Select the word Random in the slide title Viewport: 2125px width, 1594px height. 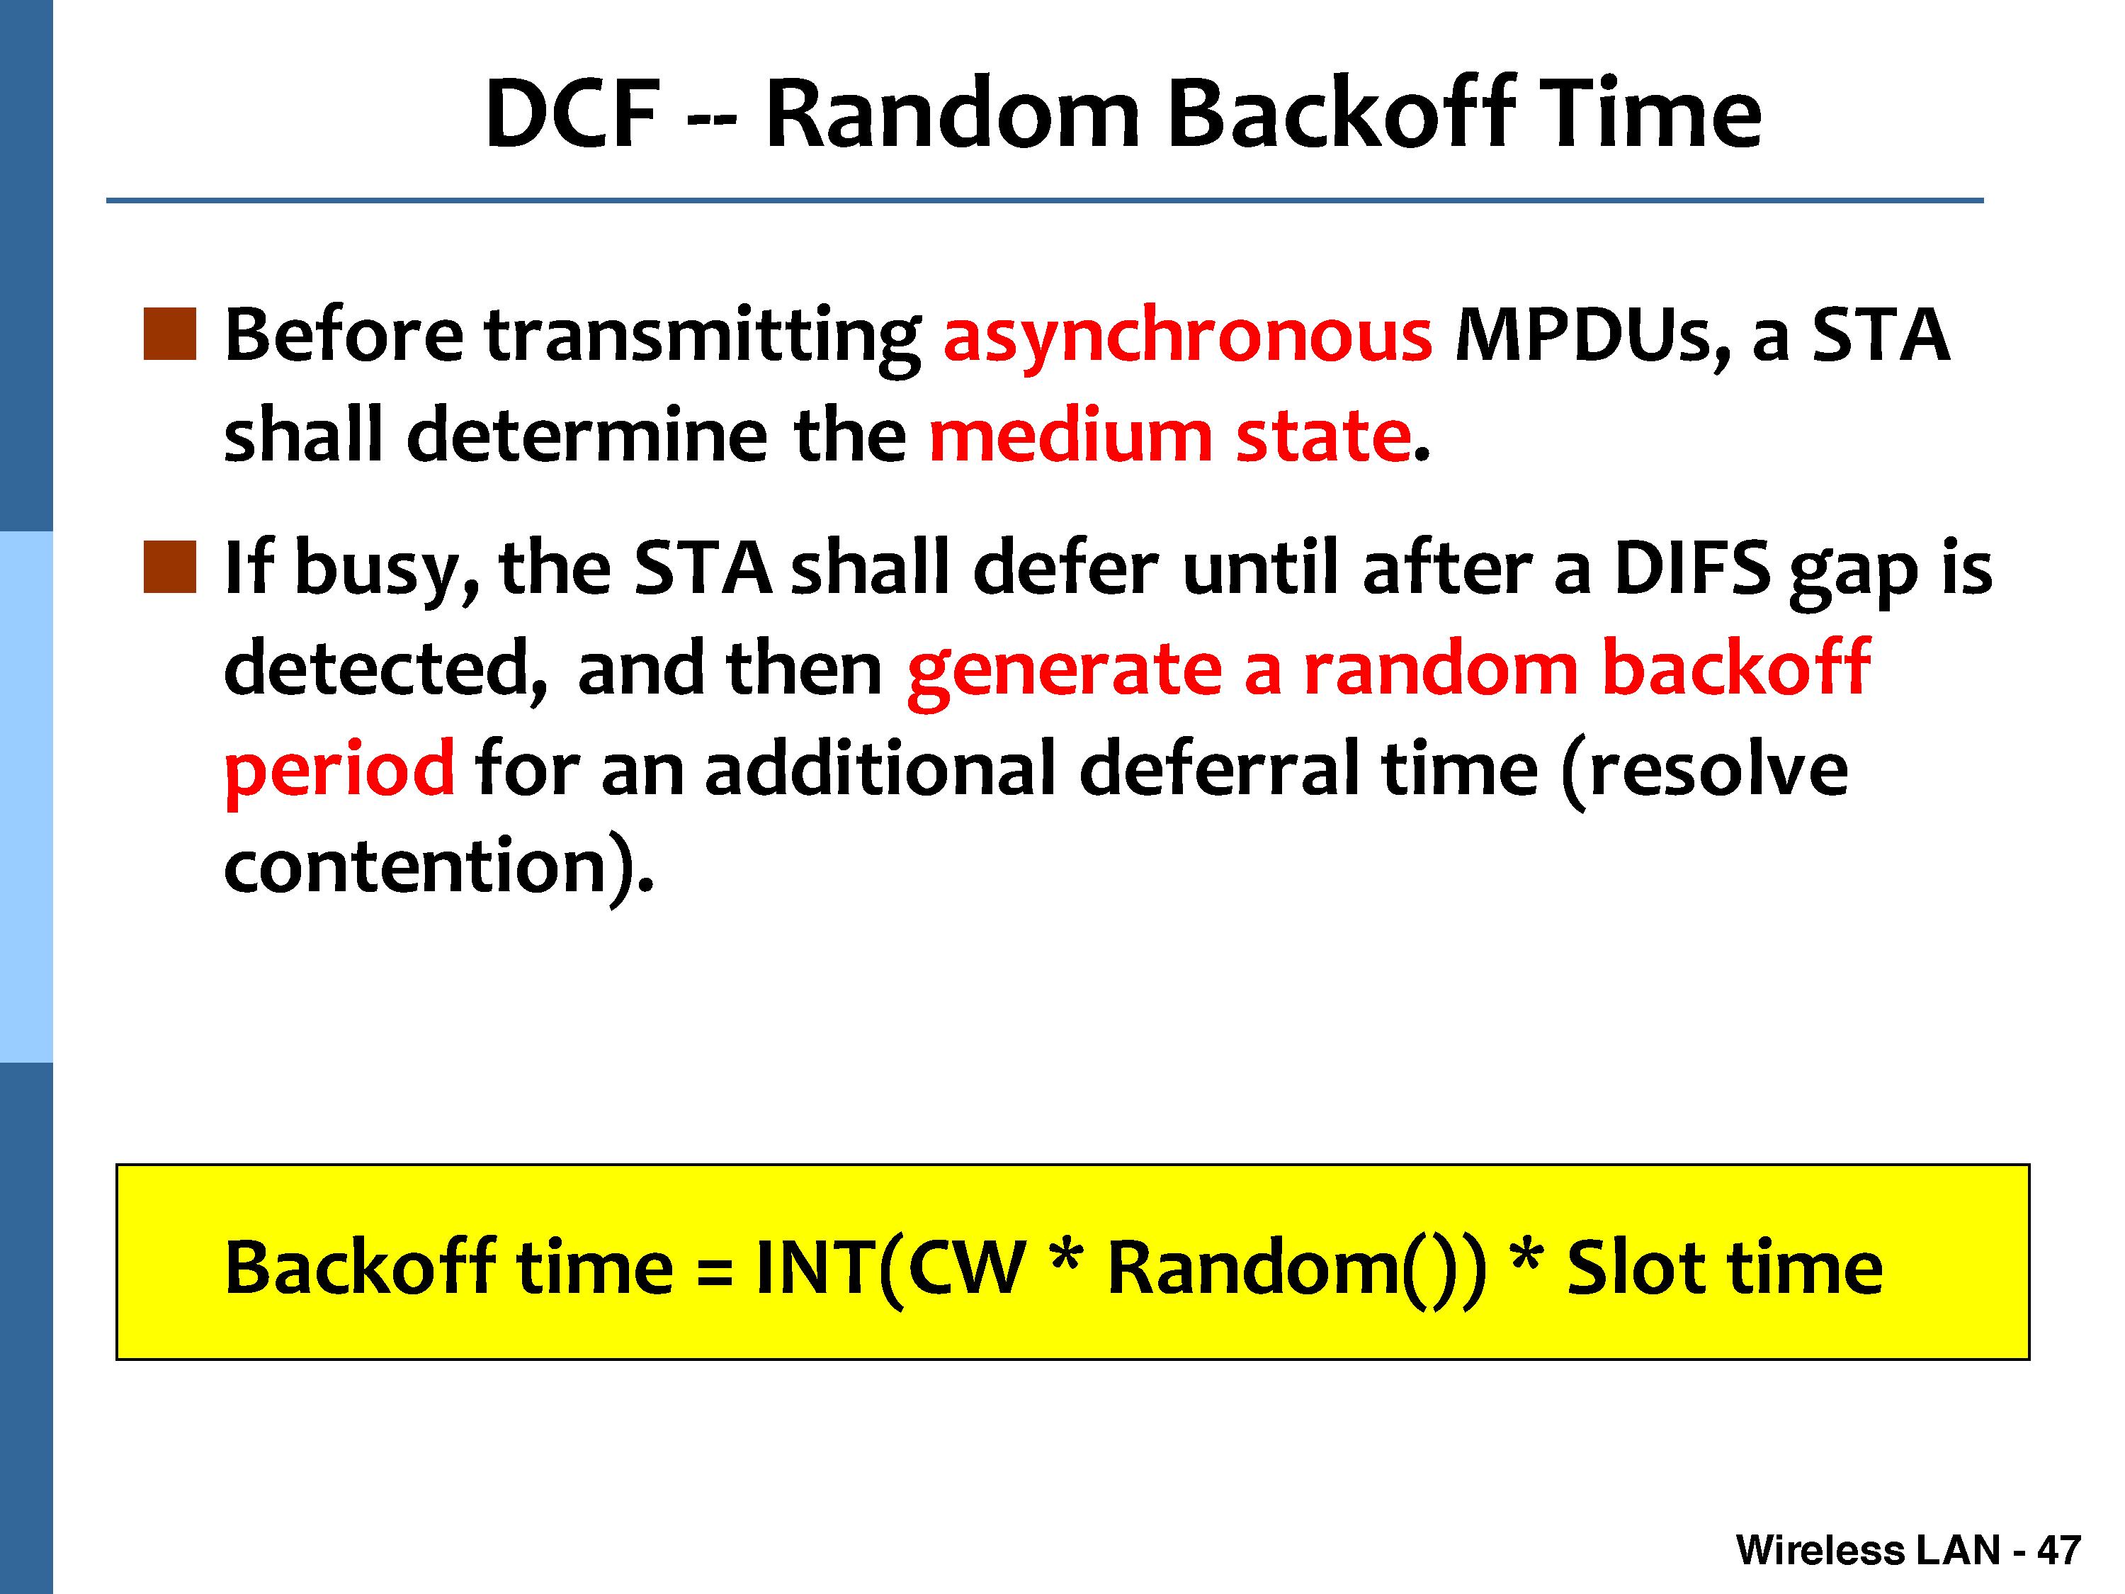point(952,114)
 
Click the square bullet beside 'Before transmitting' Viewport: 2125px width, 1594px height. point(169,334)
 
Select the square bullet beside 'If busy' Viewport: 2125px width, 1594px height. point(169,567)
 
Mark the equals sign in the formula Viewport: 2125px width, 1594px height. point(715,1270)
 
